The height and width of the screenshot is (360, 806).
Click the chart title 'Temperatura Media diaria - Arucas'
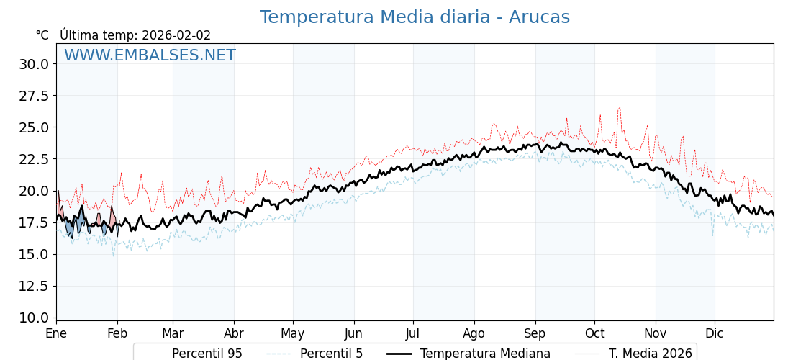tap(415, 17)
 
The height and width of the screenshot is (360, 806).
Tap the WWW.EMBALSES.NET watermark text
tap(150, 55)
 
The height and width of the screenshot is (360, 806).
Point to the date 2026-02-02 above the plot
tap(176, 35)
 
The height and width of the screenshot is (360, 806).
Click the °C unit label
tap(42, 35)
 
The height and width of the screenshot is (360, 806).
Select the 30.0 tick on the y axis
tap(34, 64)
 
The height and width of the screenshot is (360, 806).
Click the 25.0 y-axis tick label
tap(34, 127)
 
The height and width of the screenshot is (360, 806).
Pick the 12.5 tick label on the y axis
tap(34, 286)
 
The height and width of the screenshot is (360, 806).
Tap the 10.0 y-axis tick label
tap(34, 318)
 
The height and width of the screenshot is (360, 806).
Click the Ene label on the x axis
tap(56, 334)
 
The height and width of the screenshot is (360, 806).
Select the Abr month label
tap(234, 334)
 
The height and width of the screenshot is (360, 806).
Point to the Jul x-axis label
tap(413, 334)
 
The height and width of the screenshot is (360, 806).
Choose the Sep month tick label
tap(535, 334)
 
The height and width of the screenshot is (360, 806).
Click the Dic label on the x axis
tap(715, 334)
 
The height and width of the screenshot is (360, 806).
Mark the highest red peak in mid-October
tap(619, 107)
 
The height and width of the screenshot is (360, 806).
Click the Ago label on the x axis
tap(474, 334)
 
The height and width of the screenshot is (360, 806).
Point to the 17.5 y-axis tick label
tap(34, 222)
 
